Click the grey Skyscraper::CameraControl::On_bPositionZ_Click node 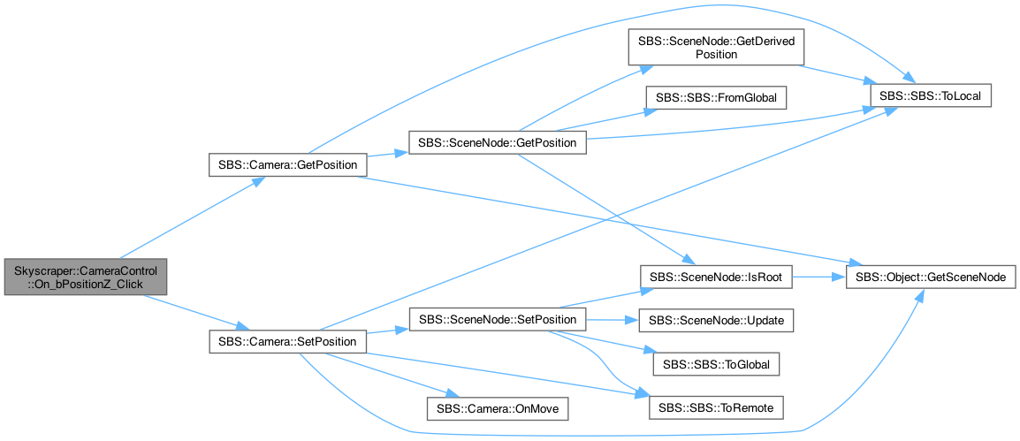pos(85,277)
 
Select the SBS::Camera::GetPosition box pos(287,165)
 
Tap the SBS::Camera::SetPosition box pos(287,341)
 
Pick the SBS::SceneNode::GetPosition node pos(497,142)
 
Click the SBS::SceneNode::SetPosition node pos(497,319)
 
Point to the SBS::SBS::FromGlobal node pos(716,97)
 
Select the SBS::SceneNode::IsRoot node pos(716,277)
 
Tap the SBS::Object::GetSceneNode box pos(930,277)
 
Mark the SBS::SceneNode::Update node pos(716,320)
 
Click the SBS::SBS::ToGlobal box pos(716,364)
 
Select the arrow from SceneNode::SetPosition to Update pos(613,320)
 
